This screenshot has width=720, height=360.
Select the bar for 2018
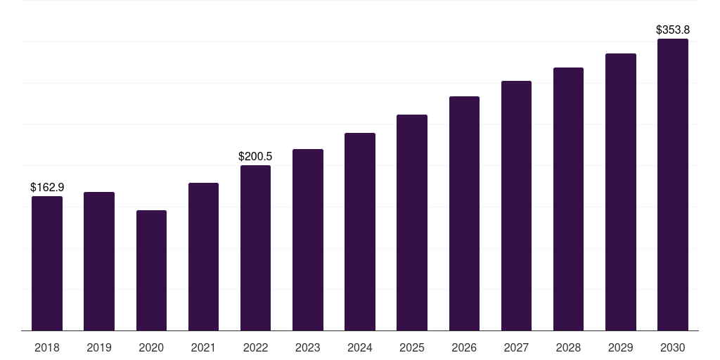click(47, 264)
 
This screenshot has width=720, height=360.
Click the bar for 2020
click(152, 271)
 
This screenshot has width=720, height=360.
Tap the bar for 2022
click(255, 248)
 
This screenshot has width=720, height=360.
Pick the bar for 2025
click(412, 223)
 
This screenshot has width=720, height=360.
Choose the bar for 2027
click(516, 206)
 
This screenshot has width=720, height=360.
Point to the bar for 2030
click(673, 185)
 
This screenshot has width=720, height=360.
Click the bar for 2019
click(99, 262)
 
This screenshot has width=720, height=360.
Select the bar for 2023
click(308, 240)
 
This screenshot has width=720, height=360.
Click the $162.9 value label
click(47, 187)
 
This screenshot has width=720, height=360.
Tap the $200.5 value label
click(255, 156)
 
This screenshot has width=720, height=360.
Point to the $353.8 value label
click(673, 30)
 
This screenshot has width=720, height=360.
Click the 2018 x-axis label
click(47, 348)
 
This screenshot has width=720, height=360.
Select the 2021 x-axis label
click(203, 348)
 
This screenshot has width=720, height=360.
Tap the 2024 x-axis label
click(360, 348)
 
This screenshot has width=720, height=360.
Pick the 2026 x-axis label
click(464, 348)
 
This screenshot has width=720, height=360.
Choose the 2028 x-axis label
click(568, 348)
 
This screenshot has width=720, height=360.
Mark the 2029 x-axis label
click(620, 348)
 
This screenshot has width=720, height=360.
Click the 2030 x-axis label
click(673, 348)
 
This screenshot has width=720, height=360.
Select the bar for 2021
click(203, 257)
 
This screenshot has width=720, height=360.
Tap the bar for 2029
click(621, 192)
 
